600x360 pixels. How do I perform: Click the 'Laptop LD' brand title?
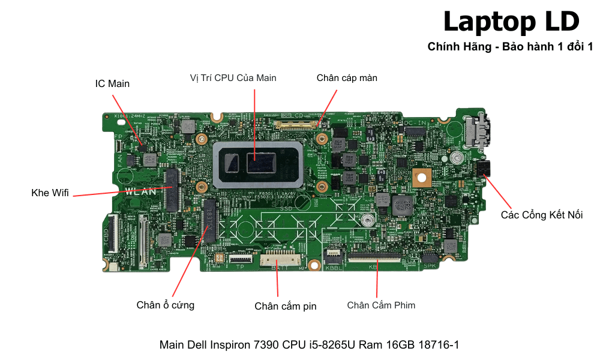point(511,22)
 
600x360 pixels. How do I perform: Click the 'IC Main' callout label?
point(112,83)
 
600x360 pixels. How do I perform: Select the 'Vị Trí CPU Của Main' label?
point(233,78)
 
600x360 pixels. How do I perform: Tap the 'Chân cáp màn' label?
point(347,78)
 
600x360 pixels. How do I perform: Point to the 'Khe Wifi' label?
point(50,193)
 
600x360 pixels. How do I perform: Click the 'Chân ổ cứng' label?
point(165,305)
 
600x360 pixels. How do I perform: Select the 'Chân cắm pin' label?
point(285,306)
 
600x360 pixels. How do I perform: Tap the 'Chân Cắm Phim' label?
point(381,305)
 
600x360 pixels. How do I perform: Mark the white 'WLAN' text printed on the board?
point(141,192)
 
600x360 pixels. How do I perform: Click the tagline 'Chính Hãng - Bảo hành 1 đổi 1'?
point(510,47)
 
